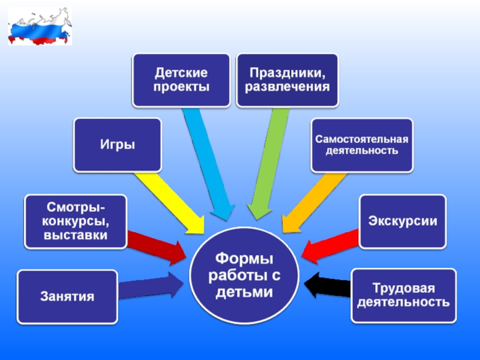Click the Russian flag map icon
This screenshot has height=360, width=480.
[40, 27]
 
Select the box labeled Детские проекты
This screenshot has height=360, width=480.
[181, 80]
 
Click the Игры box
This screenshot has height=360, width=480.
[118, 145]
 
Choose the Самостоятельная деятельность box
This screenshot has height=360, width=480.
[362, 145]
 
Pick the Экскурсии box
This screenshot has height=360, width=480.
[403, 221]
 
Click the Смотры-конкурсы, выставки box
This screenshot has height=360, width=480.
[76, 221]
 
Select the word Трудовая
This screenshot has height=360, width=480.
[403, 289]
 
